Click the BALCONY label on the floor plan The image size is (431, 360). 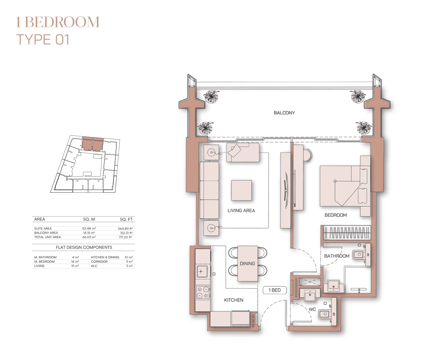284,113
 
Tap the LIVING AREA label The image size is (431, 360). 241,211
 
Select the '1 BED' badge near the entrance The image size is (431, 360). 275,290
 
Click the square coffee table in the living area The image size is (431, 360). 241,190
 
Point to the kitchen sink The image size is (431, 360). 201,272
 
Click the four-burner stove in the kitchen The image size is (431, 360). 203,292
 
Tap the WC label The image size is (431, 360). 312,309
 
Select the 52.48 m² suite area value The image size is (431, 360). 89,229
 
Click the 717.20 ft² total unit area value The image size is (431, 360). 125,237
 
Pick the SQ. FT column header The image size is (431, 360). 126,219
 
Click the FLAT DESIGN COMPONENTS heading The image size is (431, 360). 84,247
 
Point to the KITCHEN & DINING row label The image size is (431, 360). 105,257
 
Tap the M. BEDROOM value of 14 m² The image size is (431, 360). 75,261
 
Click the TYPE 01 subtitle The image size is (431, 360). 43,40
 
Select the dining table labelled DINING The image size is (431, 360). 247,263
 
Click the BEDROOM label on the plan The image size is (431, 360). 336,215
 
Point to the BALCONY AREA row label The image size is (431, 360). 46,233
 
